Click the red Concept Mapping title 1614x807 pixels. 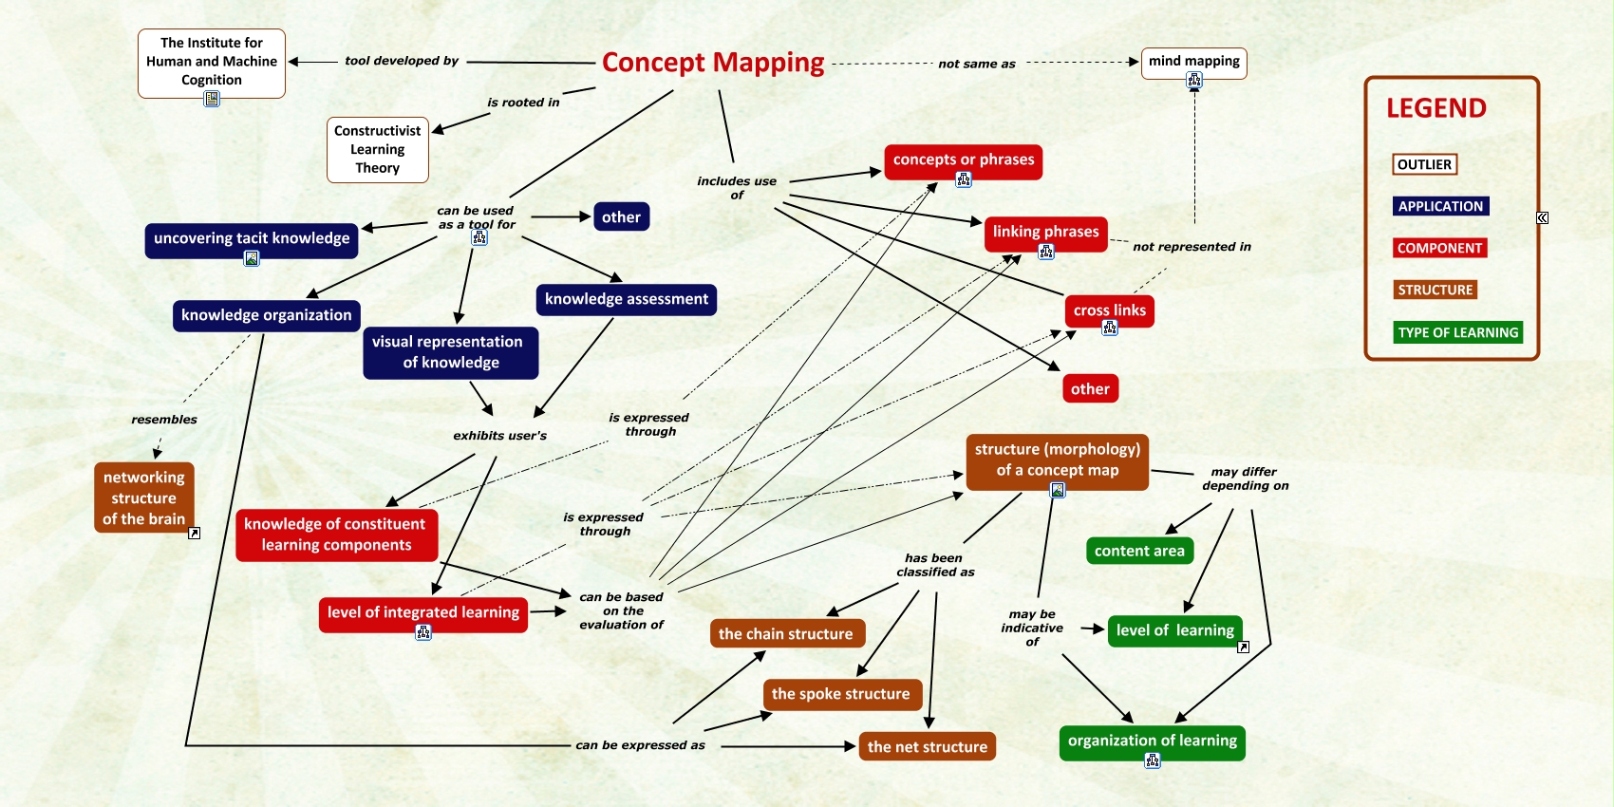click(x=713, y=63)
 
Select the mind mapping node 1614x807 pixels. click(x=1193, y=62)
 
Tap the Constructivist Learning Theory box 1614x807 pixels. click(x=378, y=150)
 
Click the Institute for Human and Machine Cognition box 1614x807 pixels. click(x=212, y=62)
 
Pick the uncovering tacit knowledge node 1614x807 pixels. click(x=252, y=238)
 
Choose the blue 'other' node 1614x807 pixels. click(x=621, y=217)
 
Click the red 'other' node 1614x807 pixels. click(x=1090, y=389)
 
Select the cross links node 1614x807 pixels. click(x=1109, y=310)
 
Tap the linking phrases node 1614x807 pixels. click(x=1045, y=232)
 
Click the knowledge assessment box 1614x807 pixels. click(x=627, y=299)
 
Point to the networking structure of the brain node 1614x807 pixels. click(x=144, y=497)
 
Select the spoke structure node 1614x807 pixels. click(x=840, y=694)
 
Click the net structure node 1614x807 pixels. click(x=927, y=747)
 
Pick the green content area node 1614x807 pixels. click(x=1139, y=552)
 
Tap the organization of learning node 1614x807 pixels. click(x=1152, y=741)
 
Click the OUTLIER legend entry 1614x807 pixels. click(x=1424, y=164)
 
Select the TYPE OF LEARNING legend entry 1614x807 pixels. click(x=1457, y=332)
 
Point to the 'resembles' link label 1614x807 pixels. click(x=164, y=420)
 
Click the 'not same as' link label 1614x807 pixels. click(x=977, y=65)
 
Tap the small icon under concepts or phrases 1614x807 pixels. click(x=964, y=179)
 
